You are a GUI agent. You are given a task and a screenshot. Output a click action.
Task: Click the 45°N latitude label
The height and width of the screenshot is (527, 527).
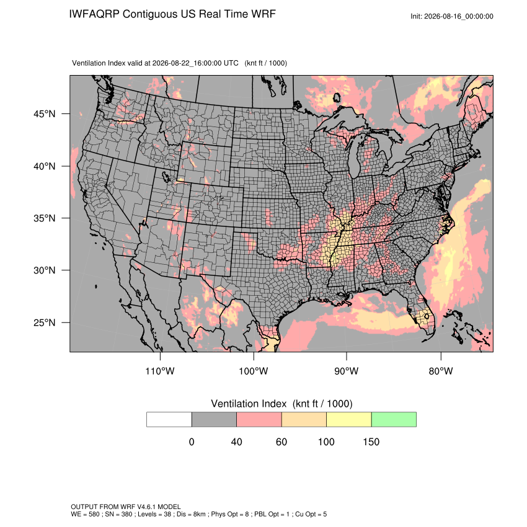[x=45, y=114]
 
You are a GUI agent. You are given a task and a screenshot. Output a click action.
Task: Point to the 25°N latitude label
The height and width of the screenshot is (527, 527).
[x=45, y=322]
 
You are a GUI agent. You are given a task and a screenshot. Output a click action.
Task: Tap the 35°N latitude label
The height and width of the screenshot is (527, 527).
[x=45, y=218]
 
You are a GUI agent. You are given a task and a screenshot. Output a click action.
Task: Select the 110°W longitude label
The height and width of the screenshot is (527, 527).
[x=160, y=371]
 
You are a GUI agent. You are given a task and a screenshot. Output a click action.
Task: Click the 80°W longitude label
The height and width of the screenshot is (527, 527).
[x=441, y=371]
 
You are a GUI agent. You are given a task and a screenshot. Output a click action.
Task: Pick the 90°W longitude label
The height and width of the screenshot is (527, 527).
[x=347, y=371]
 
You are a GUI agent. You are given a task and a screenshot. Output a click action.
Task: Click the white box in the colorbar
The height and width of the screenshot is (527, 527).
[x=169, y=420]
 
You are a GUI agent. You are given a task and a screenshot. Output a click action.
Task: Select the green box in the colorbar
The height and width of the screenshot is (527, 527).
[x=394, y=420]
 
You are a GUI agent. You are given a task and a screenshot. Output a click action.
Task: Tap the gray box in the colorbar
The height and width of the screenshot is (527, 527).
[x=214, y=420]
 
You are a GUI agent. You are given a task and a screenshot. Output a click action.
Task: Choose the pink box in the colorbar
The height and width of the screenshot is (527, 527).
[x=259, y=420]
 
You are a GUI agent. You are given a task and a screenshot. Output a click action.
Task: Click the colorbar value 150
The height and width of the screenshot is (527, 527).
[x=371, y=441]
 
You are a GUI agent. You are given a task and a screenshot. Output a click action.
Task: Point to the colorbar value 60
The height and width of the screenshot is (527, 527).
[x=281, y=441]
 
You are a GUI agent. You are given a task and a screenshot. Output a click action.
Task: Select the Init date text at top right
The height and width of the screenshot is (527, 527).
[x=452, y=17]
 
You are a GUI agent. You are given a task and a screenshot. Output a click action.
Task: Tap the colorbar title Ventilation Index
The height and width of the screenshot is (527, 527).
[x=249, y=404]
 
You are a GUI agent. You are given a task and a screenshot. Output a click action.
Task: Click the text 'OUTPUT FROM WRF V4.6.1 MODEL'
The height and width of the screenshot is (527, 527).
[x=126, y=507]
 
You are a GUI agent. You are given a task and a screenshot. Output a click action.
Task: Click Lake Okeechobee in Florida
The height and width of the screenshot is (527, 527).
[x=426, y=316]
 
